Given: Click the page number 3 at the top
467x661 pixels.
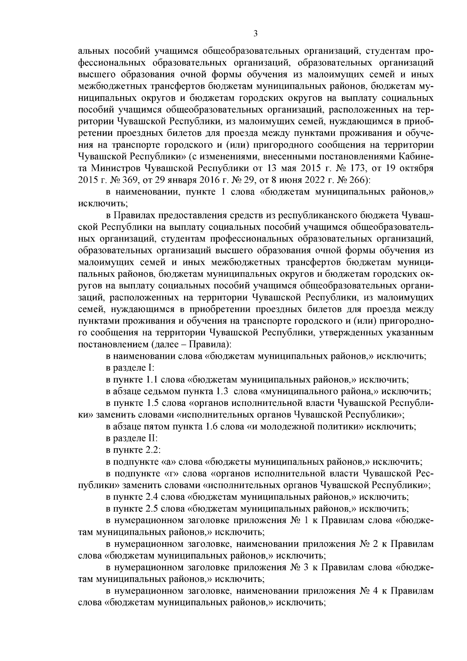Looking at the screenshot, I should (255, 33).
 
